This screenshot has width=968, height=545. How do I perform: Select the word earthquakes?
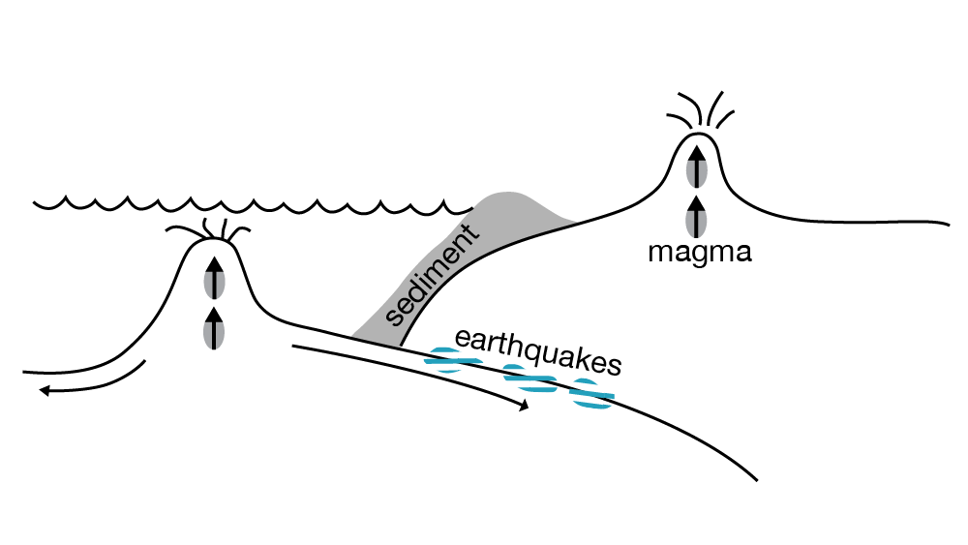pos(536,350)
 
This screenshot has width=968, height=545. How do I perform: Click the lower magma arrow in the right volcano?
pos(695,216)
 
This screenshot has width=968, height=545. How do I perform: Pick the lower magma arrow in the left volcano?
pos(214,326)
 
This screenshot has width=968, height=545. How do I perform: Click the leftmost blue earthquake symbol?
pos(454,362)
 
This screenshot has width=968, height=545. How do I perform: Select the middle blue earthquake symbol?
pos(529,380)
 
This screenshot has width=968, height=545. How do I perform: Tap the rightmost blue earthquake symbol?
pos(590,395)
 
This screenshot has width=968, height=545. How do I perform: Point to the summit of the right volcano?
pos(695,136)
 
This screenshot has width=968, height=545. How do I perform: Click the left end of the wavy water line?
pos(35,203)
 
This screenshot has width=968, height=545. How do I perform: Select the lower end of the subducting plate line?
pos(753,477)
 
